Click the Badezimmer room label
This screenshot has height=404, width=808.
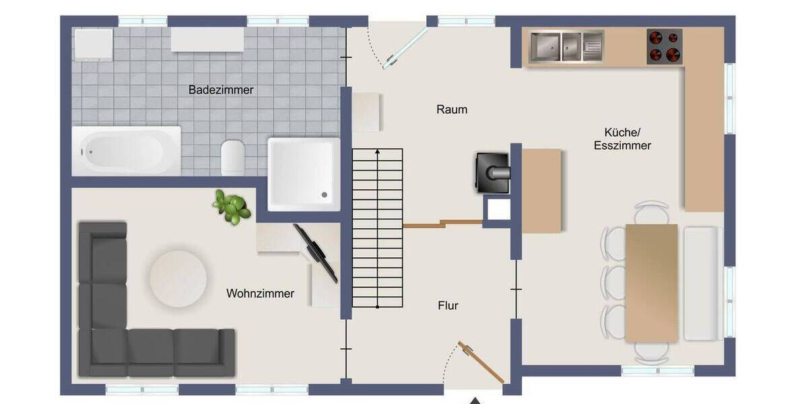pyautogui.click(x=221, y=90)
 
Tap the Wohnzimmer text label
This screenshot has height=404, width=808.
pyautogui.click(x=260, y=294)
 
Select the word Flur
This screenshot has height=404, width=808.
pyautogui.click(x=448, y=306)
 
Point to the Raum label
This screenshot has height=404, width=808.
pyautogui.click(x=452, y=109)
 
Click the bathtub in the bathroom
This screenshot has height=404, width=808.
pyautogui.click(x=126, y=151)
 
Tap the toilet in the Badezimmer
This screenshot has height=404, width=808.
pyautogui.click(x=232, y=158)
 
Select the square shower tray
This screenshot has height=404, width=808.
pyautogui.click(x=303, y=174)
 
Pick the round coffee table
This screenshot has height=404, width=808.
pyautogui.click(x=178, y=278)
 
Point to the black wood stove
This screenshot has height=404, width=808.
pyautogui.click(x=494, y=172)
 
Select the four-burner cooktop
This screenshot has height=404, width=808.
pyautogui.click(x=665, y=46)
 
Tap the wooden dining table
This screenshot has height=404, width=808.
pyautogui.click(x=651, y=281)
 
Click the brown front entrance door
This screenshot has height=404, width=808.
pyautogui.click(x=481, y=362)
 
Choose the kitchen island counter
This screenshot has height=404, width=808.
pyautogui.click(x=541, y=191)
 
